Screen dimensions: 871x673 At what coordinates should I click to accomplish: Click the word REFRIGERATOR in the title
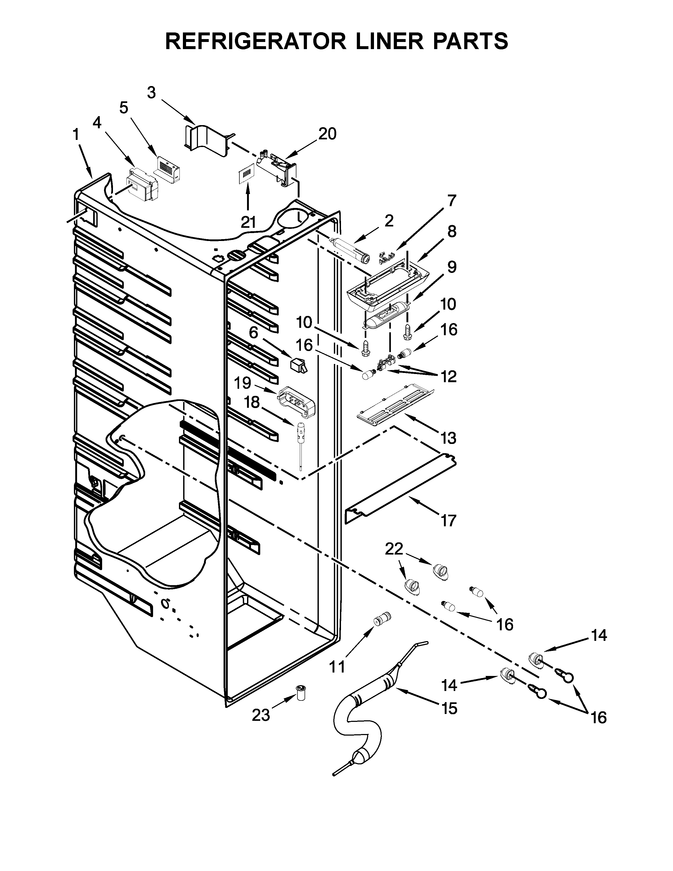pos(255,41)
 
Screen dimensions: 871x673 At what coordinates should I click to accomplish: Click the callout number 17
pos(448,521)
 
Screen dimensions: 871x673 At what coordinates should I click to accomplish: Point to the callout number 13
pos(448,438)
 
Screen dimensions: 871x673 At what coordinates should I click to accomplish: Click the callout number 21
pos(248,222)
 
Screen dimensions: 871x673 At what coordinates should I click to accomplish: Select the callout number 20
pos(327,134)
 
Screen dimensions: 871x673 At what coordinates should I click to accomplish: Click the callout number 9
pos(451,267)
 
